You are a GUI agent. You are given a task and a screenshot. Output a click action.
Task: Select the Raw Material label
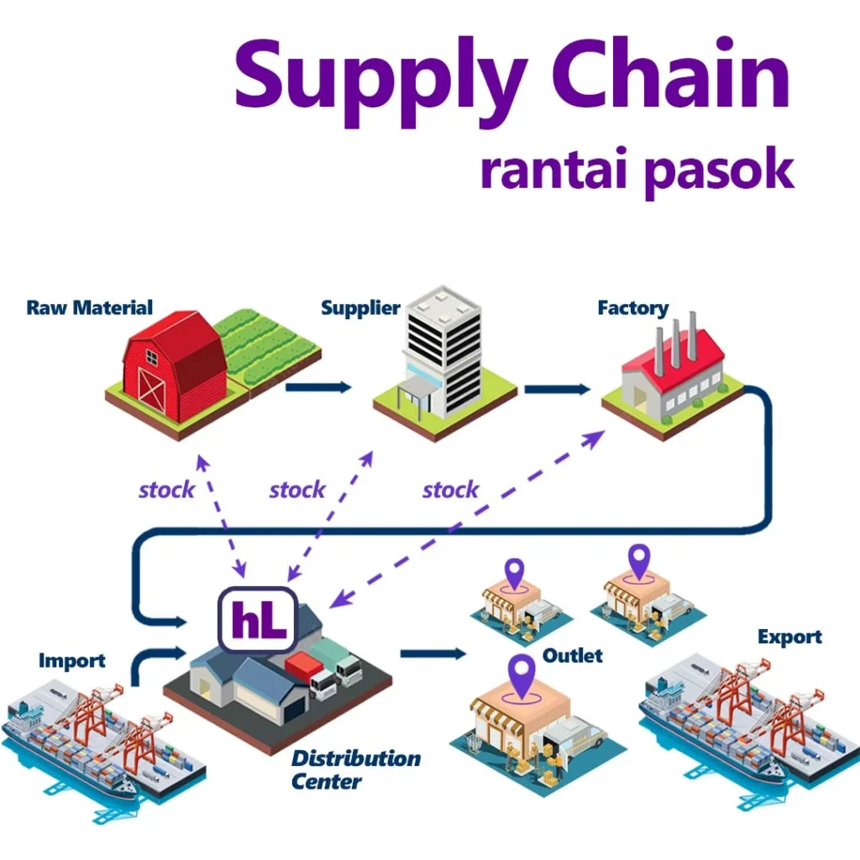[x=90, y=307]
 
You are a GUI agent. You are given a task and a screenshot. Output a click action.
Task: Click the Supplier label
[x=360, y=308]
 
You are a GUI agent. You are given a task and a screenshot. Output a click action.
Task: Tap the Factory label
[x=632, y=308]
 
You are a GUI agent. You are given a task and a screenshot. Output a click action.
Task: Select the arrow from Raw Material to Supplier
[x=318, y=387]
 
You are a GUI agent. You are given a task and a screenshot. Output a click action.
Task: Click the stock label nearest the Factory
[x=451, y=490]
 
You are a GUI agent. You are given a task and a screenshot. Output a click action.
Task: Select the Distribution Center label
[x=355, y=769]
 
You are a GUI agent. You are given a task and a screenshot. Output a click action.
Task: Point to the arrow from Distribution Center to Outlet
[x=433, y=653]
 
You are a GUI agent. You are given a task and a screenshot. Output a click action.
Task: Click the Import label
[x=72, y=661]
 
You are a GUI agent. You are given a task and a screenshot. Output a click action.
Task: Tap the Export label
[x=789, y=637]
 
